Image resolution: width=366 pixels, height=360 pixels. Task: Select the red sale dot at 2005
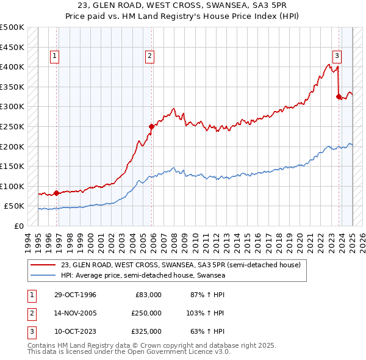152,126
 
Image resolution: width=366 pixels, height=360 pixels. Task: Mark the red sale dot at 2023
339,96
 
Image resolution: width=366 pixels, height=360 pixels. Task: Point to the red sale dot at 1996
57,193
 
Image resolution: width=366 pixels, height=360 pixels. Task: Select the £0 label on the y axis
19,226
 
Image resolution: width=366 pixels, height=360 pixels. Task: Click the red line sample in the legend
44,265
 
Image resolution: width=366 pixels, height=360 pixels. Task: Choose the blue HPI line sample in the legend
44,276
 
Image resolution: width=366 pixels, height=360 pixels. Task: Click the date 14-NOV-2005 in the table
75,313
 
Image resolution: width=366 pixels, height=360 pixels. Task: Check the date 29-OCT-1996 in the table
75,295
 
